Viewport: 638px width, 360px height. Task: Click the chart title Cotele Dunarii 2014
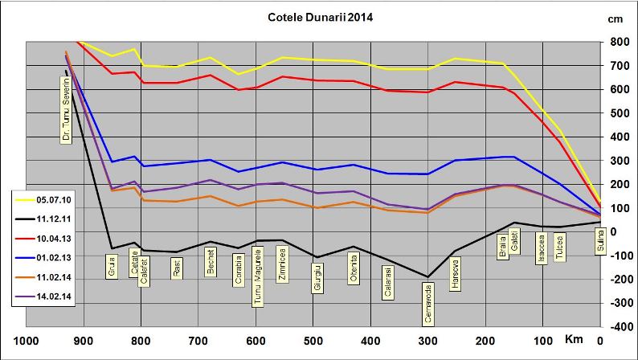pyautogui.click(x=320, y=16)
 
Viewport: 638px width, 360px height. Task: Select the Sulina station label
pyautogui.click(x=599, y=240)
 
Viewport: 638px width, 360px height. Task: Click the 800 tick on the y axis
pyautogui.click(x=620, y=42)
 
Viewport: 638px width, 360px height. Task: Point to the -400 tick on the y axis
pyautogui.click(x=618, y=327)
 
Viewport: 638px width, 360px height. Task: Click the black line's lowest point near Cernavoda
pyautogui.click(x=428, y=276)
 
